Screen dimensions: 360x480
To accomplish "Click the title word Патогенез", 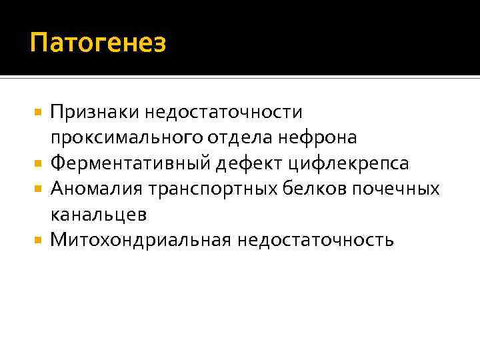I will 97,44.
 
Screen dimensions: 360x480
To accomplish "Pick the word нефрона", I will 323,137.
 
